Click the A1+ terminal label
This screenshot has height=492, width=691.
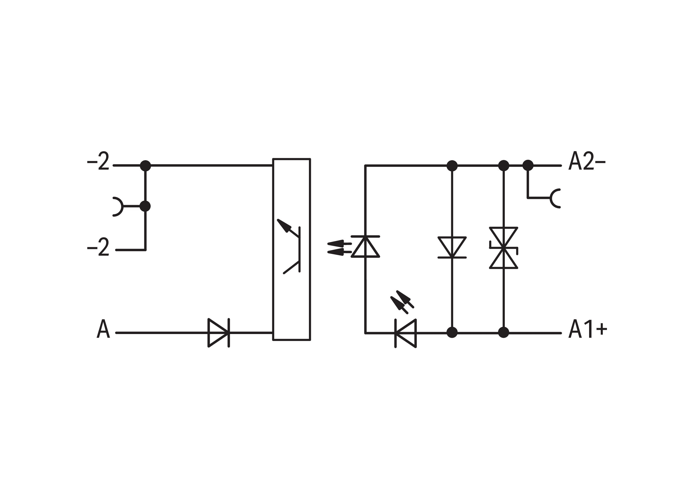coord(587,329)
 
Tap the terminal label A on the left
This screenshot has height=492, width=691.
coord(103,329)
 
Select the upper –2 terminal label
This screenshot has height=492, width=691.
coord(98,161)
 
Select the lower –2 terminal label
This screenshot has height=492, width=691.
coord(98,247)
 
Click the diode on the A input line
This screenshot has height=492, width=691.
coord(219,333)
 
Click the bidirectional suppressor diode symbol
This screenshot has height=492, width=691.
coord(504,248)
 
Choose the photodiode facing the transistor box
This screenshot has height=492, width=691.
coord(365,246)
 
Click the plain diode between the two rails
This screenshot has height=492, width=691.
coord(452,247)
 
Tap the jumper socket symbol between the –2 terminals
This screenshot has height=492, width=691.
coord(118,207)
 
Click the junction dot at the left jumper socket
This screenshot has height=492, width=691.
coord(145,206)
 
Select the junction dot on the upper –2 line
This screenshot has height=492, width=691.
coord(145,165)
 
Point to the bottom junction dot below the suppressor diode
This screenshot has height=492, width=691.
coord(504,333)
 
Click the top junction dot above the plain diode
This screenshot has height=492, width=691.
coord(452,165)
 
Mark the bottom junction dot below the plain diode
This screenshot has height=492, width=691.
coord(452,333)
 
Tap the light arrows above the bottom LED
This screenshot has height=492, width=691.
coord(402,302)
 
